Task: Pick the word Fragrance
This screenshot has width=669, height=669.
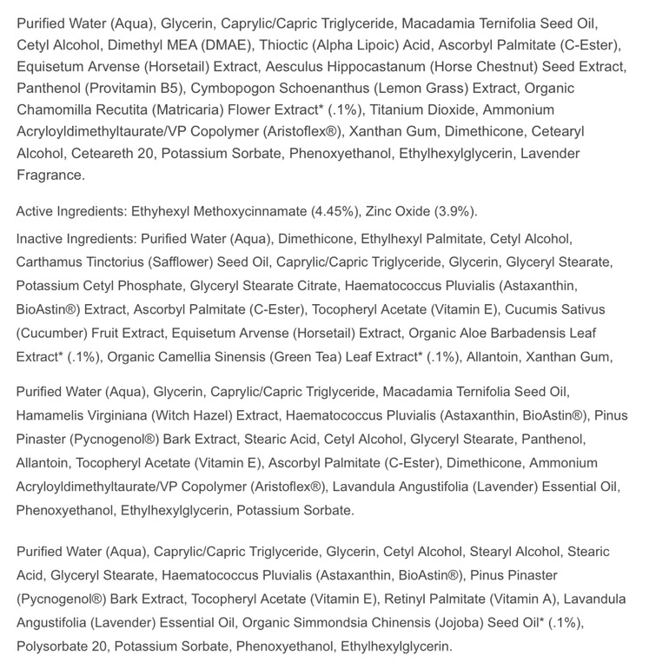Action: click(50, 175)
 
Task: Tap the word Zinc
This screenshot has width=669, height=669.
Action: click(381, 212)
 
